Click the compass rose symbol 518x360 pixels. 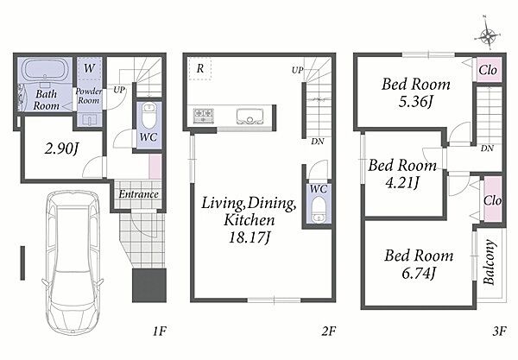pos(488,35)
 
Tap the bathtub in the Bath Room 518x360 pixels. pos(45,69)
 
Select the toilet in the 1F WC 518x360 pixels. pos(149,117)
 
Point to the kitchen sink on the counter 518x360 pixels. pos(250,117)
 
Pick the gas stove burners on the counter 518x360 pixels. pos(204,116)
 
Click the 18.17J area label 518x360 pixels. pos(250,237)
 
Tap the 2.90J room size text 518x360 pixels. pos(62,149)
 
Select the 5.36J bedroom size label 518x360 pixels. pos(415,101)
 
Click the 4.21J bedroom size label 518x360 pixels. pos(402,182)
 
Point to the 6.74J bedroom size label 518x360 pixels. pos(419,273)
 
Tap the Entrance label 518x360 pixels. pos(139,194)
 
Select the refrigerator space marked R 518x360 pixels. pos(200,69)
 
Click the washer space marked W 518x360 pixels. pos(89,69)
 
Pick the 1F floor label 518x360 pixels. pos(160,331)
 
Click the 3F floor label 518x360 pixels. pos(499,331)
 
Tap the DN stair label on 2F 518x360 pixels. pos(318,142)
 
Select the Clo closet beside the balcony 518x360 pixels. pos(493,199)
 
